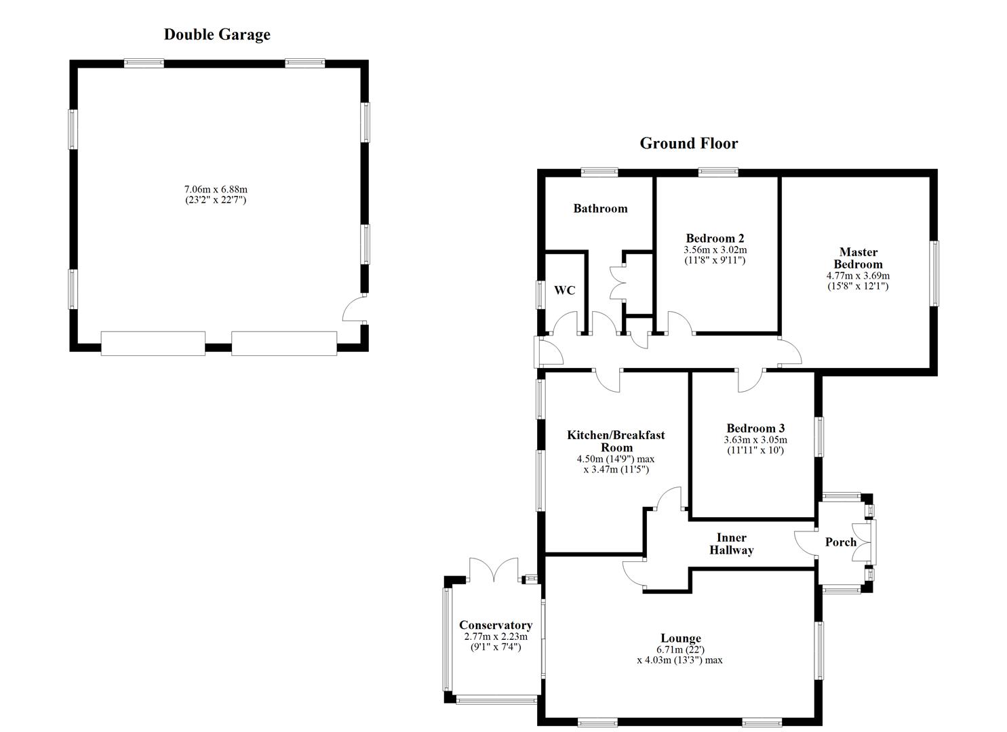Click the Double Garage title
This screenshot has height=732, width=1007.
point(217,35)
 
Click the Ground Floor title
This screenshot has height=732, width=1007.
point(688,143)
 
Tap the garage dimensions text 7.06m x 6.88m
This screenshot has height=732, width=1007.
point(216,189)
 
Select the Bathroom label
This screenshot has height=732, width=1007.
point(600,208)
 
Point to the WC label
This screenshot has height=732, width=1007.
point(564,290)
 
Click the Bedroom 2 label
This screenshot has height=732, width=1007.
point(715,238)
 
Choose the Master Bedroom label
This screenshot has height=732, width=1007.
point(858,258)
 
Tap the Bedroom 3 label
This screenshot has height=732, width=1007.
point(755,428)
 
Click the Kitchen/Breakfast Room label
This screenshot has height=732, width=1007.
point(616,441)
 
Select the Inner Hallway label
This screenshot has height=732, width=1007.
point(731,544)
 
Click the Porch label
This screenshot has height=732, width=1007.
point(840,542)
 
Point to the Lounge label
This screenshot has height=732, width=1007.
point(681,638)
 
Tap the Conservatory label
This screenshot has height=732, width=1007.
point(496,625)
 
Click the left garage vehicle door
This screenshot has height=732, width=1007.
point(153,344)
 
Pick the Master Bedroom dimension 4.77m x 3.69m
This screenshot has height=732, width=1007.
point(858,276)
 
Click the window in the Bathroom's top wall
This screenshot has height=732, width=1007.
point(599,172)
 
